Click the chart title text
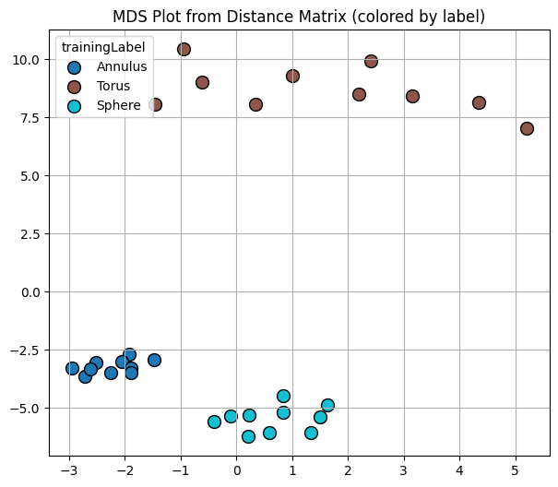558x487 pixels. (x=299, y=18)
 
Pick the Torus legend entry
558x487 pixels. (x=114, y=86)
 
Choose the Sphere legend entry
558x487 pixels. (x=118, y=105)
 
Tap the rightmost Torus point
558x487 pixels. (x=527, y=128)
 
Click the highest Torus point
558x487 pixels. (x=184, y=49)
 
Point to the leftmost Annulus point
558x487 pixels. (x=72, y=368)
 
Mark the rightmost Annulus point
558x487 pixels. (x=154, y=360)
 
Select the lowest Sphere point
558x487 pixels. (x=248, y=436)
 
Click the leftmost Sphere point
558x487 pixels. (x=214, y=422)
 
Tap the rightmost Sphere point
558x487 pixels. (x=327, y=405)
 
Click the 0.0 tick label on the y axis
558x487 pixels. (x=33, y=292)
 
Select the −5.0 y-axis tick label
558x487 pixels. (x=30, y=409)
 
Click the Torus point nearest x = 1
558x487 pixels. (x=292, y=76)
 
